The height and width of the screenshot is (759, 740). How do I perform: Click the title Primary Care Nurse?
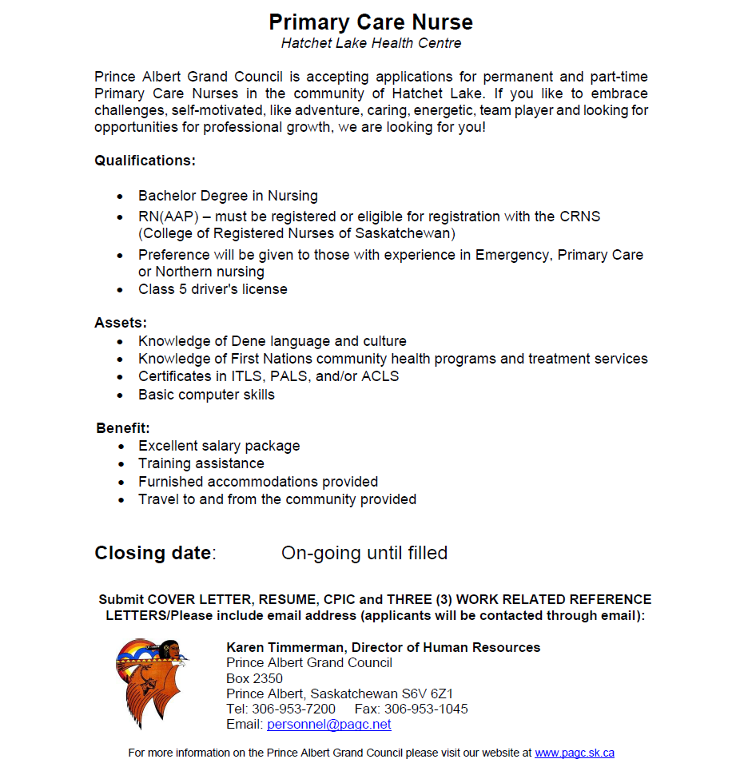tap(370, 22)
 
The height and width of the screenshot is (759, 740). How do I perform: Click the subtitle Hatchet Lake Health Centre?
tap(371, 43)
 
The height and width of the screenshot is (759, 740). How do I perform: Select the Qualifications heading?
tap(145, 161)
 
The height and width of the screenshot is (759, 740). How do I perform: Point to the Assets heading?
tap(121, 323)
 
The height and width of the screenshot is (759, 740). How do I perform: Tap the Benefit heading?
tap(123, 428)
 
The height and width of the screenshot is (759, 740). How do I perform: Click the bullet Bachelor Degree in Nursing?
tap(228, 196)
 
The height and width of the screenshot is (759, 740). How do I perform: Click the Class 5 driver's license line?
tap(213, 289)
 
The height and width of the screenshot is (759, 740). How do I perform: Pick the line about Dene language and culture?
tap(272, 341)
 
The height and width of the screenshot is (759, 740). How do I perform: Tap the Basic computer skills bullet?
tap(206, 395)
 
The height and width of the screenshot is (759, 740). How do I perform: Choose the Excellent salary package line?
tap(219, 446)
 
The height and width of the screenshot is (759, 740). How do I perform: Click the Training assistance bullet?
tap(201, 463)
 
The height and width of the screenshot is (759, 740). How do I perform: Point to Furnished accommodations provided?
tap(258, 482)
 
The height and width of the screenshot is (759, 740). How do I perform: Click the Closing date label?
tap(154, 553)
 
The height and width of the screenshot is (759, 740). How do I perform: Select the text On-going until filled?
tap(364, 553)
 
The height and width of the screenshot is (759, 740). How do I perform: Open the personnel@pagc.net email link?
tap(329, 725)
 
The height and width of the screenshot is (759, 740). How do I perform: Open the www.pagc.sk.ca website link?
tap(574, 753)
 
